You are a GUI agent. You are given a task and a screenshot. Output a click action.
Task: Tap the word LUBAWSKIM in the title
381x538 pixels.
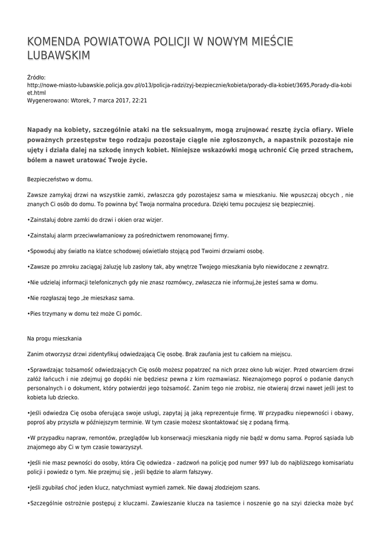coord(58,56)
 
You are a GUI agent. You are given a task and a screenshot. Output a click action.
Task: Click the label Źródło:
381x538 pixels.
coord(36,77)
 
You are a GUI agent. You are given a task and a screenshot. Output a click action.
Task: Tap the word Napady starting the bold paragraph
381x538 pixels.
coord(42,130)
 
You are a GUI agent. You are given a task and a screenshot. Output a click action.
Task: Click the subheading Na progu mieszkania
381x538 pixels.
coord(54,338)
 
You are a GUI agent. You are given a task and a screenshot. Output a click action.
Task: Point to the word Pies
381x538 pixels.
coord(36,314)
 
